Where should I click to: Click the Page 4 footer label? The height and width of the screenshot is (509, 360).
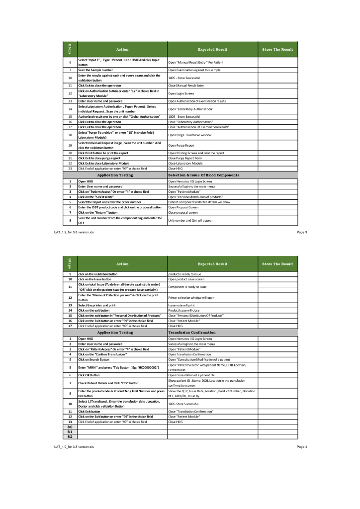pyautogui.click(x=301, y=447)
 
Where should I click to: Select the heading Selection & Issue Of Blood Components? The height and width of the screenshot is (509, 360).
pyautogui.click(x=204, y=175)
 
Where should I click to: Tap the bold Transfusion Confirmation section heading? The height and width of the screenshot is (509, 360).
pyautogui.click(x=192, y=332)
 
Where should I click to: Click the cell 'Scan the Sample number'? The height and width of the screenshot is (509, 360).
pyautogui.click(x=94, y=70)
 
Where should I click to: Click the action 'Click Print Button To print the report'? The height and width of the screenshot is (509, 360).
pyautogui.click(x=103, y=153)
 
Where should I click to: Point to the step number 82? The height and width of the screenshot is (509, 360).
pyautogui.click(x=70, y=437)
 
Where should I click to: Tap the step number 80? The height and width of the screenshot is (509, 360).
pyautogui.click(x=70, y=426)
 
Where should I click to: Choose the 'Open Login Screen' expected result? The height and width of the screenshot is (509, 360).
pyautogui.click(x=180, y=93)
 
